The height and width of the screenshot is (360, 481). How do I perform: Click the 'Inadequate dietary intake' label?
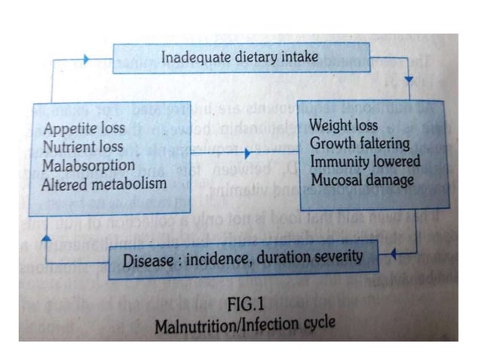239,56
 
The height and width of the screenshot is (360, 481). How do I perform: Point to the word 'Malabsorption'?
89,165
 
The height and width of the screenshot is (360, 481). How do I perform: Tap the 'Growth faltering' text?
360,143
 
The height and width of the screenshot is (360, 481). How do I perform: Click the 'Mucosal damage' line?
362,181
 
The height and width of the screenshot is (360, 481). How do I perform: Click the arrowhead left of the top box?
86,59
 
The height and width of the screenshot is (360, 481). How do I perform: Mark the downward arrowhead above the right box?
410,80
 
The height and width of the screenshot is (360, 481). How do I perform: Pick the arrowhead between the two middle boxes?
247,154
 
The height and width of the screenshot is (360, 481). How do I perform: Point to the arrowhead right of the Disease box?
391,255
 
